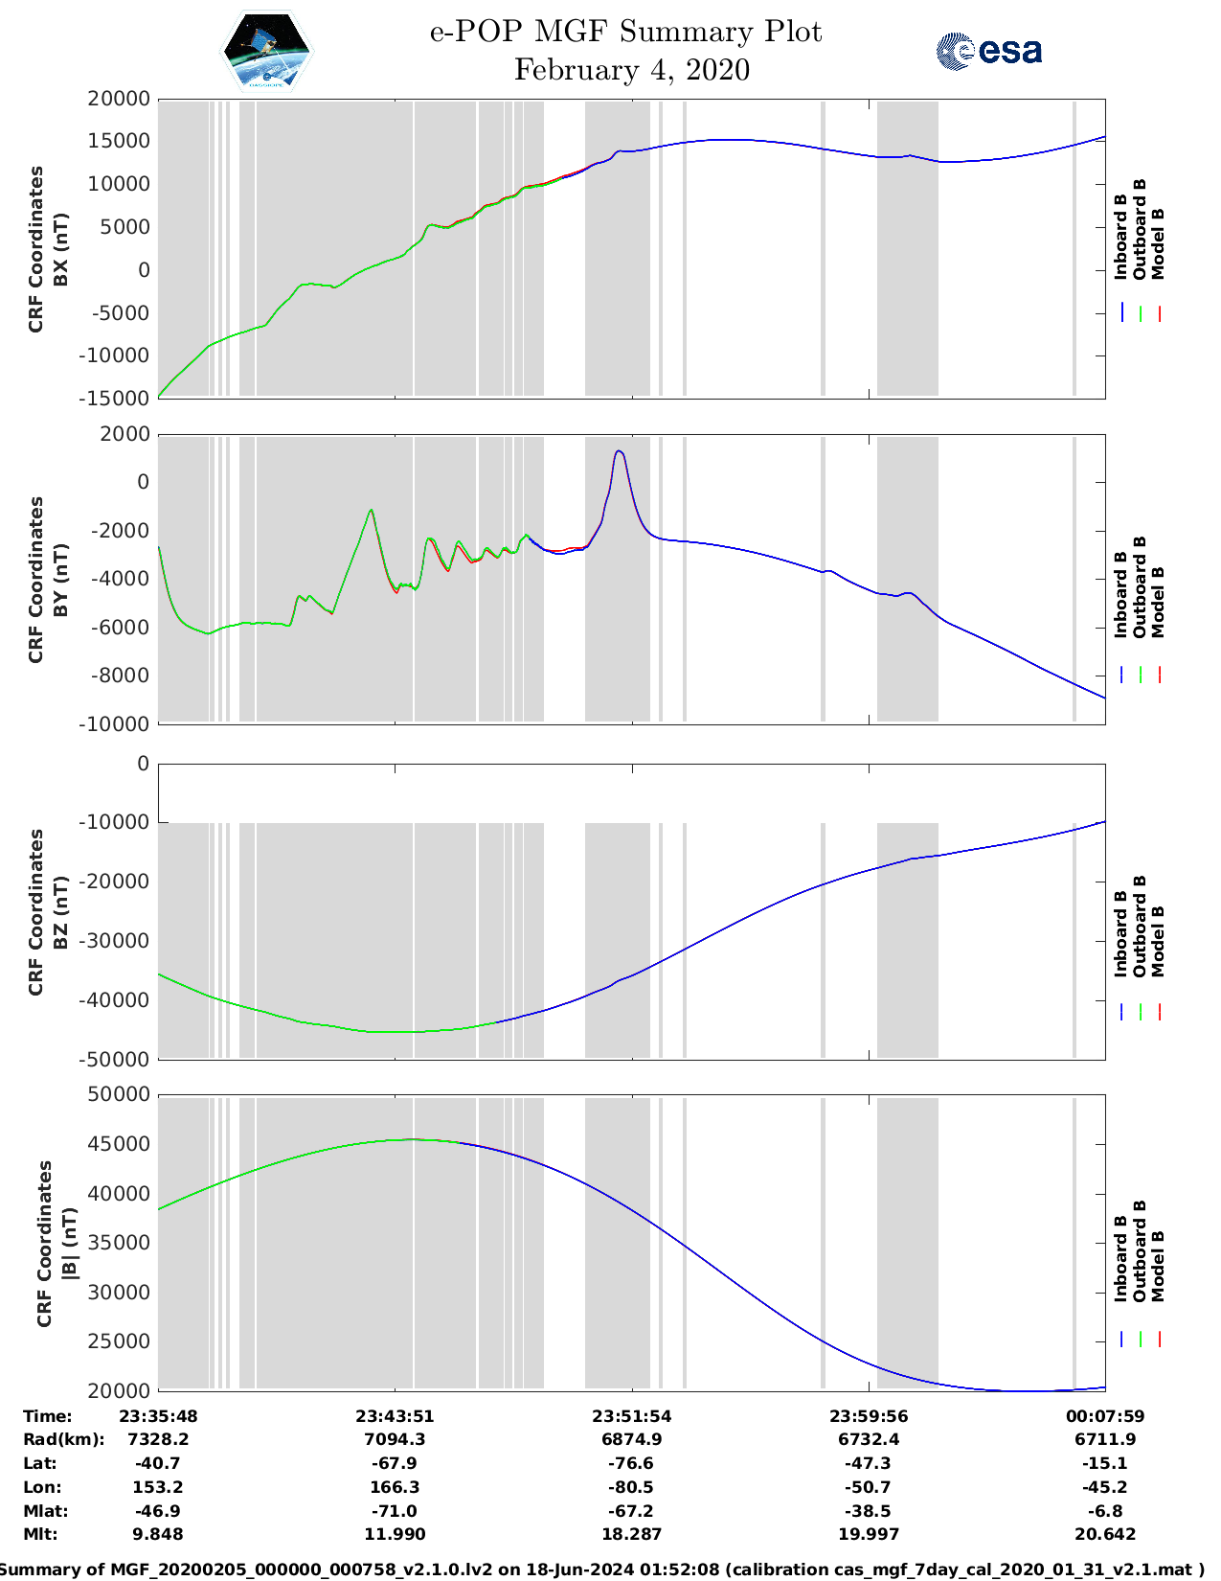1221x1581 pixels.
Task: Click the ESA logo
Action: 988,51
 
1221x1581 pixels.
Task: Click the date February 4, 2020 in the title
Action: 631,70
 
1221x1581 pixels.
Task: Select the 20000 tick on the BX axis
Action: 119,99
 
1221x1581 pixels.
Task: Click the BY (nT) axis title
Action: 61,579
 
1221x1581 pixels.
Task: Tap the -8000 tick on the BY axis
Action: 124,676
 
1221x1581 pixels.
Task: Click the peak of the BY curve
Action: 620,451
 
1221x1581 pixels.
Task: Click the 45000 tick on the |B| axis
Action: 119,1144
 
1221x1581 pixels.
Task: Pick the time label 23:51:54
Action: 631,1416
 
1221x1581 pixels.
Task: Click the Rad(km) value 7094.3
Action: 395,1439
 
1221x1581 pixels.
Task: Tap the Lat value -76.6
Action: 631,1463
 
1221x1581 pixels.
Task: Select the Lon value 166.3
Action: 395,1487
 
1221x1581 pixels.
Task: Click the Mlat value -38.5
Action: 869,1511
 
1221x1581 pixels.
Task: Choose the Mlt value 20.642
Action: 1105,1534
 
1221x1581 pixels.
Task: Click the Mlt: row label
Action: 40,1534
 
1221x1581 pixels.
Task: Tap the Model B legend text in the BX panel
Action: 1158,243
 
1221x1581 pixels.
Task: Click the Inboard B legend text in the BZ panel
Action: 1120,934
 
